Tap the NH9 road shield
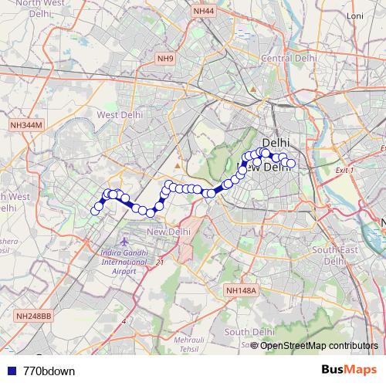coord(164,57)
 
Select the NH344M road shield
coord(27,124)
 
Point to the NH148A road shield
coord(240,289)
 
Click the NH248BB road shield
coord(33,316)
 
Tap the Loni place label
coord(355,37)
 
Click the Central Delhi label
coord(289,58)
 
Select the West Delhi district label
coord(117,114)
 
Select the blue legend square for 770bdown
coord(8,371)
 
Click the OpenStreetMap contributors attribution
coord(319,345)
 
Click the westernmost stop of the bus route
coord(96,210)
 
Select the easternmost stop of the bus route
coord(291,163)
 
